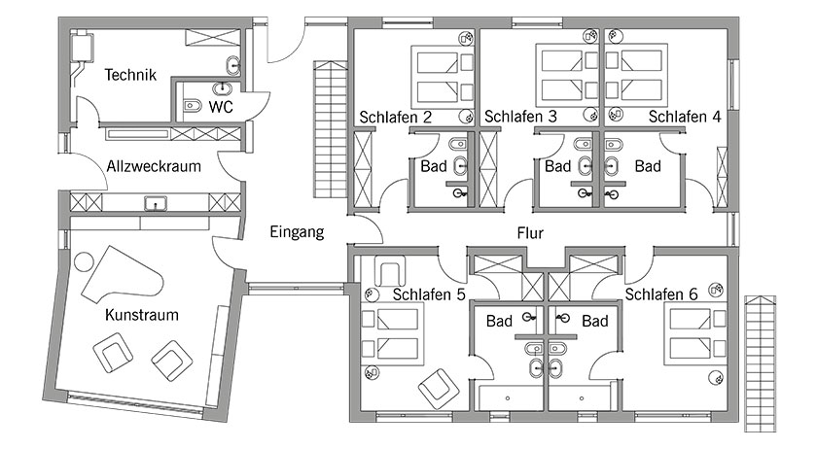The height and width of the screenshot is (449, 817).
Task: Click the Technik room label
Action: click(130, 74)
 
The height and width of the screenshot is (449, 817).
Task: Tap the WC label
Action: click(221, 104)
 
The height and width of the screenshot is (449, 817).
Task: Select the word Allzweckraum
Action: click(154, 166)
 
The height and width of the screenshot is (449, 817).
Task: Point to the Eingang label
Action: click(297, 232)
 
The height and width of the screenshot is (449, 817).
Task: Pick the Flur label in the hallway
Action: click(530, 233)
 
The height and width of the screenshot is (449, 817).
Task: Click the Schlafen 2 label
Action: click(396, 117)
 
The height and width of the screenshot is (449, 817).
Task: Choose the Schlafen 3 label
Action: click(520, 117)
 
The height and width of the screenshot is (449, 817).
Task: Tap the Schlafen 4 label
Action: click(686, 117)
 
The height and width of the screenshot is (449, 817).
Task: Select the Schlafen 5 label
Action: click(429, 294)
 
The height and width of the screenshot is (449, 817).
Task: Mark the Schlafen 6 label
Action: click(661, 294)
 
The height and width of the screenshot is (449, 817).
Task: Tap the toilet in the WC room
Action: click(191, 106)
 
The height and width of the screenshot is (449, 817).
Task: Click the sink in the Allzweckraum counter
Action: click(153, 204)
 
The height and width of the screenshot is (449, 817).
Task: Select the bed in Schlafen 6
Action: click(693, 331)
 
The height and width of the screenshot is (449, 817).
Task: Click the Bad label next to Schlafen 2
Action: click(434, 166)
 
